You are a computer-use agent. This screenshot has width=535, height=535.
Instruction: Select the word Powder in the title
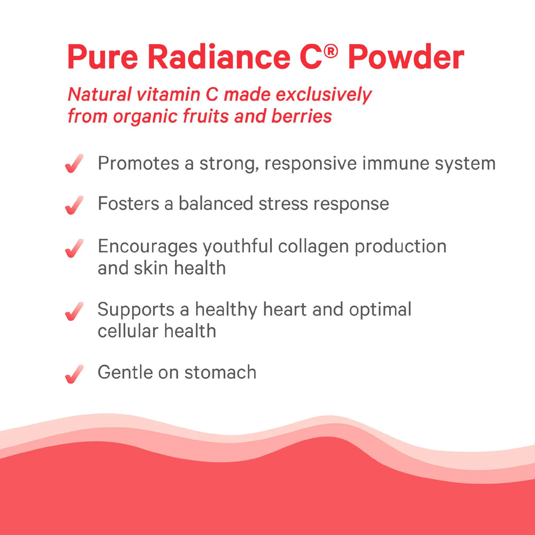[406, 57]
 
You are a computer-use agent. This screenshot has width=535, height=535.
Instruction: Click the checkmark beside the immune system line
[74, 164]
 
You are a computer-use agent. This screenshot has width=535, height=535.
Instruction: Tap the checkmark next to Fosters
[74, 205]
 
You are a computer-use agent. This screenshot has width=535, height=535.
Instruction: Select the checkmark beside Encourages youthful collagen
[74, 248]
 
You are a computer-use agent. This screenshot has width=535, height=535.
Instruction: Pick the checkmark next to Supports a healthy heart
[74, 311]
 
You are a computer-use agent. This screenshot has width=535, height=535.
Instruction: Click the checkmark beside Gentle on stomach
[74, 373]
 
